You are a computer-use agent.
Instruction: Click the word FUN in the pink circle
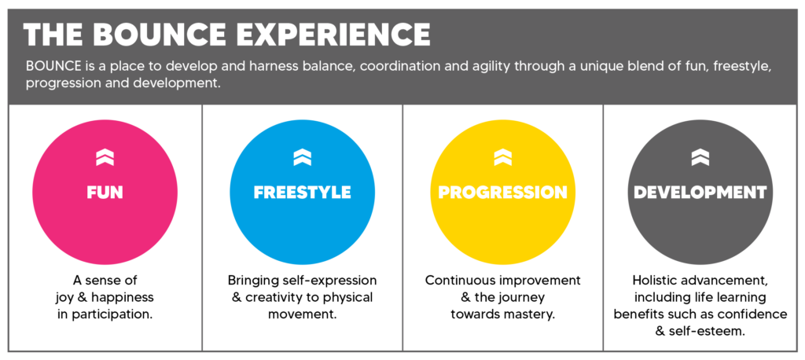click(x=105, y=192)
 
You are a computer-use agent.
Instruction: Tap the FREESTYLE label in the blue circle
click(x=303, y=192)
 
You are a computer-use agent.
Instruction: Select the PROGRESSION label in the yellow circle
click(x=502, y=192)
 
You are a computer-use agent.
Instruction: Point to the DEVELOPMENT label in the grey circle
click(x=700, y=192)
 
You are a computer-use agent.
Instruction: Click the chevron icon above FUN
click(x=105, y=157)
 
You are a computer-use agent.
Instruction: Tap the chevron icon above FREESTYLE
click(x=303, y=157)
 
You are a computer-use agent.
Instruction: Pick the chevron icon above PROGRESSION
click(x=502, y=157)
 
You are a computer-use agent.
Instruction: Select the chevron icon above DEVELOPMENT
click(x=700, y=157)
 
